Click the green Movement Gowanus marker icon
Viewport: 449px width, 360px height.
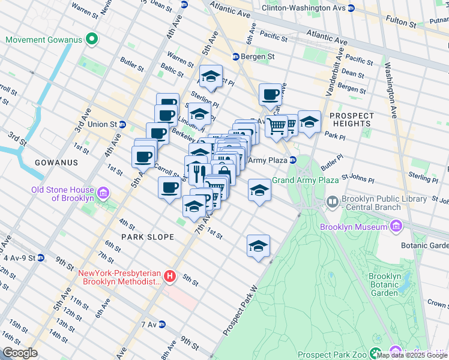click(91, 40)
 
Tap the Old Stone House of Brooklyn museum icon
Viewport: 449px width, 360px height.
click(103, 193)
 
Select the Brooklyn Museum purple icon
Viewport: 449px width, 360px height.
click(396, 227)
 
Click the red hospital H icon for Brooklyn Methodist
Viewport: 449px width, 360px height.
click(170, 277)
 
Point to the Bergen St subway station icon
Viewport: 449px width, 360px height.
click(236, 57)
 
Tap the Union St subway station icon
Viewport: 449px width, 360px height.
click(122, 125)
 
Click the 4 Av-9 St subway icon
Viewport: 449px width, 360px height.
click(40, 258)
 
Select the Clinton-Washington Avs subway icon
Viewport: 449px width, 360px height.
click(351, 8)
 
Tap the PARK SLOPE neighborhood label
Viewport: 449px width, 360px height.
click(148, 237)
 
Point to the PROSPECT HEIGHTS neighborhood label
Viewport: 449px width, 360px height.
click(352, 119)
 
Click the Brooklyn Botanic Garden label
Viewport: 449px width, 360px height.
click(385, 284)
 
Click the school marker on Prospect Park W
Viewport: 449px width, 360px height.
click(258, 246)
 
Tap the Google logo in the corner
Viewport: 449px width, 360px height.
click(20, 352)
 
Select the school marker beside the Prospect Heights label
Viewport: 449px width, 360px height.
click(309, 122)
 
